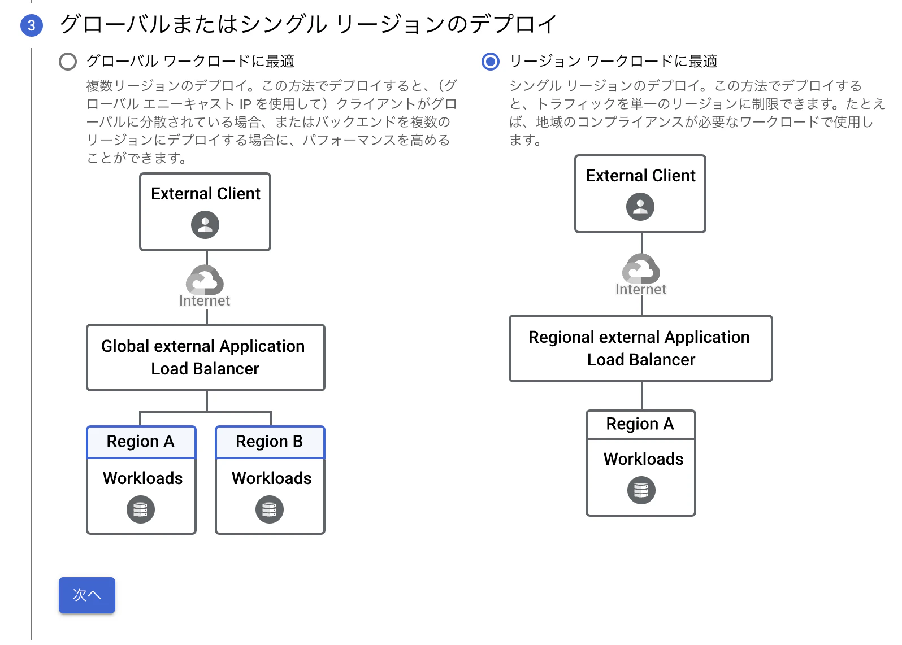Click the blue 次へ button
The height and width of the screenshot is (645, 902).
point(86,595)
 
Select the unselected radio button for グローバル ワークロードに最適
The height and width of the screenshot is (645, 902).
point(68,62)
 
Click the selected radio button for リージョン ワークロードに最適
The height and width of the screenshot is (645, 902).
point(490,62)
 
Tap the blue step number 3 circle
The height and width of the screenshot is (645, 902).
point(32,25)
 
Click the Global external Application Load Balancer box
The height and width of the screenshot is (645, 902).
point(205,357)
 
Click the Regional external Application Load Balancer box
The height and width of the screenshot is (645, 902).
point(640,348)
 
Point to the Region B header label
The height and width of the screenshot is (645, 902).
point(270,441)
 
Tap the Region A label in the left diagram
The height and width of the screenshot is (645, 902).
point(141,441)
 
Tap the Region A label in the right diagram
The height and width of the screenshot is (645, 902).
point(640,424)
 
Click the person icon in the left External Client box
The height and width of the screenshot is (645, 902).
point(205,225)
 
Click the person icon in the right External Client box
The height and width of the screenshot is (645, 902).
point(640,207)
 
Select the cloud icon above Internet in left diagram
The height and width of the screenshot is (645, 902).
point(205,280)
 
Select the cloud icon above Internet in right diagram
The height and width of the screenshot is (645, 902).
point(641,268)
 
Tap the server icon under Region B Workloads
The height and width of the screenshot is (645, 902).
point(270,509)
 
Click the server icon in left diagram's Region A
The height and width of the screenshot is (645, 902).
point(141,509)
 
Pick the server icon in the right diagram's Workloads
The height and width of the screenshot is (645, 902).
point(641,490)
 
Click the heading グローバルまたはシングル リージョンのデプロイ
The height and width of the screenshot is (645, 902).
point(308,24)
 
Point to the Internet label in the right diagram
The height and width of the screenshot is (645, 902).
point(640,290)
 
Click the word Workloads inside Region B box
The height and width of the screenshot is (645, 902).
point(271,478)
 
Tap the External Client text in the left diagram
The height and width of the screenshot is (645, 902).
point(205,194)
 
